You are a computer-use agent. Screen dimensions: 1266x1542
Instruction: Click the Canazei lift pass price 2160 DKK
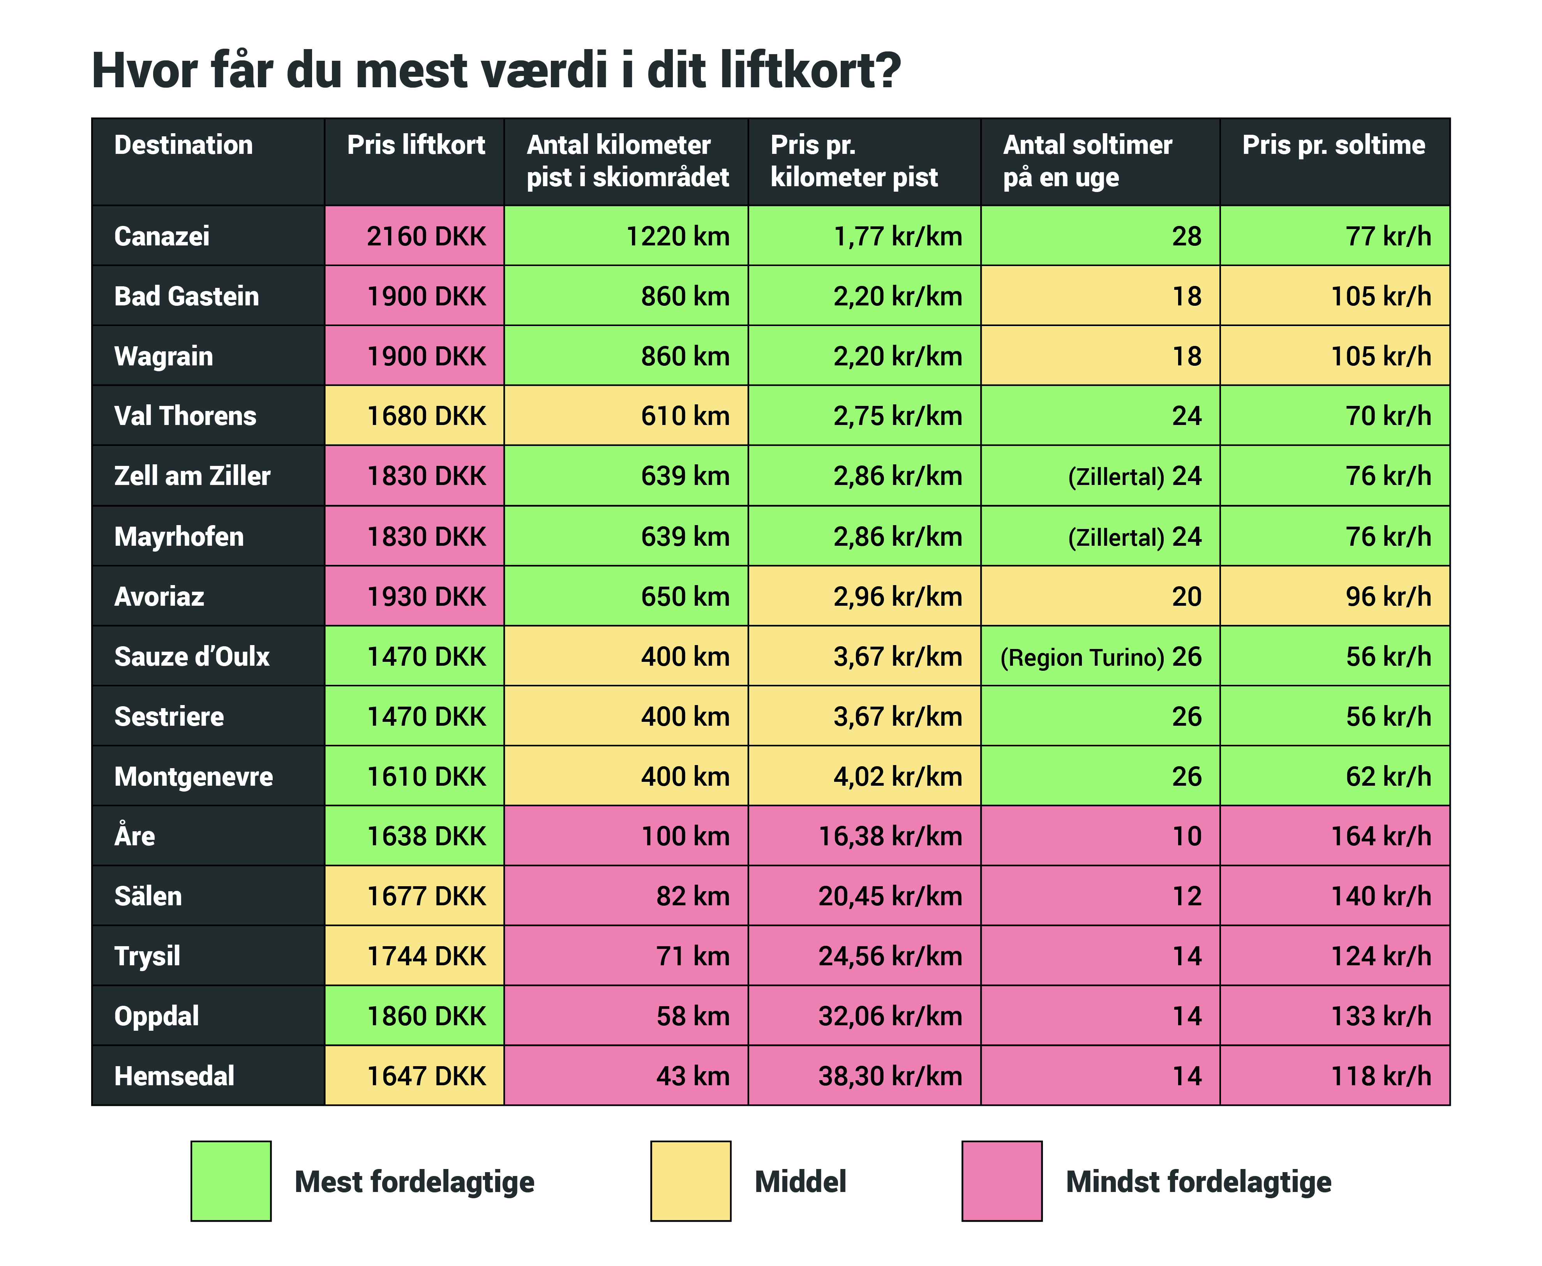pos(425,236)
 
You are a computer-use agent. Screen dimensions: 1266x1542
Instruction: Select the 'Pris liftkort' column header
pos(416,145)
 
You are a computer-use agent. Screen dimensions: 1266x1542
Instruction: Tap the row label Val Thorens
pos(185,416)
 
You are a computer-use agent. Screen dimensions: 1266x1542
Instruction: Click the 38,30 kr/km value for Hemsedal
pos(890,1076)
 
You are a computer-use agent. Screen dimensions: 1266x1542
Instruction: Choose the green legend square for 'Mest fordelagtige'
pos(231,1181)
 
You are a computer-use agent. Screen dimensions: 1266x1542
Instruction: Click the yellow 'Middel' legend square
pos(690,1181)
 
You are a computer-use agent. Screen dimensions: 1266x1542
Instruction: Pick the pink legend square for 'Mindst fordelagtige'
pos(1002,1181)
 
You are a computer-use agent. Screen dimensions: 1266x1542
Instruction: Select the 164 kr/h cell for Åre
pos(1381,836)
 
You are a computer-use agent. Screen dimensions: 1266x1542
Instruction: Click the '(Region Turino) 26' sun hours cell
pos(1100,656)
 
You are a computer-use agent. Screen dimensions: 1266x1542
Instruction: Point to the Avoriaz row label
pos(159,596)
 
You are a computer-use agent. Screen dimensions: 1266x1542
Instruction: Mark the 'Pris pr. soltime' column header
pos(1334,145)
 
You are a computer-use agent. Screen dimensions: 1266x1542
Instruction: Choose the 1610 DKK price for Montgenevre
pos(425,776)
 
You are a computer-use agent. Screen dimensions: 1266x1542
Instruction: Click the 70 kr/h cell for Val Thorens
pos(1388,416)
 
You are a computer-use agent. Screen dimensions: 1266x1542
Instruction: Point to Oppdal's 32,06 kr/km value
pos(890,1016)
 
